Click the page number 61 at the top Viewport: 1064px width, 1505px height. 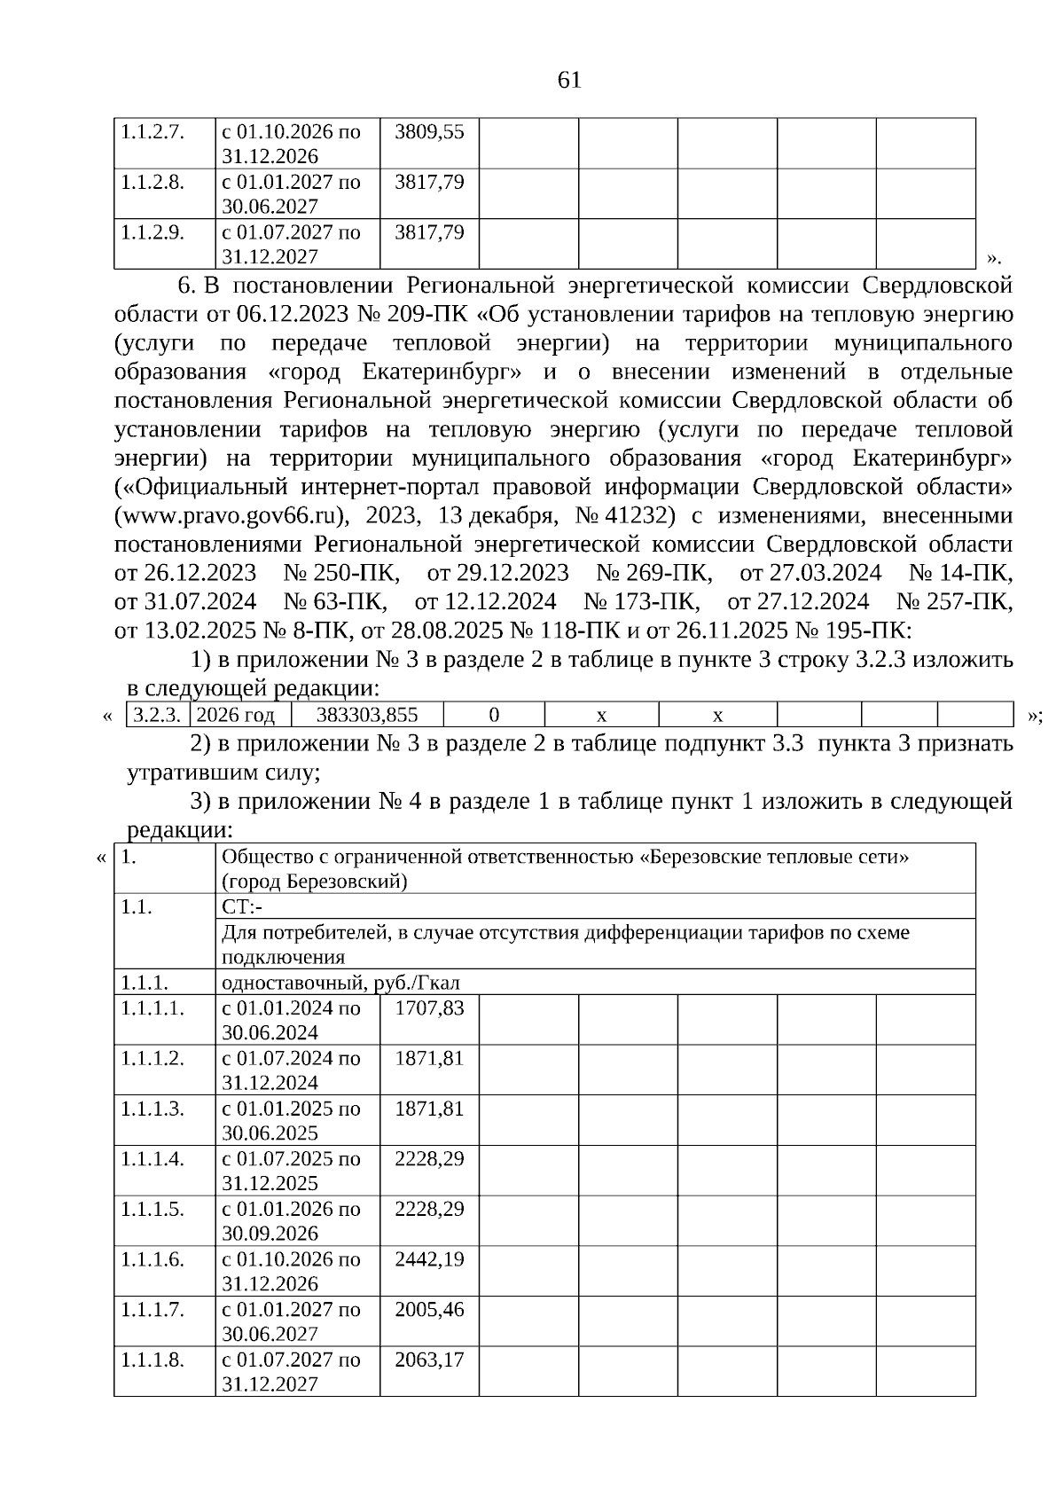click(569, 81)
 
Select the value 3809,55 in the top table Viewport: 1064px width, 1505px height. click(429, 132)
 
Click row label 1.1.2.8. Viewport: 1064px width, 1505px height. click(153, 183)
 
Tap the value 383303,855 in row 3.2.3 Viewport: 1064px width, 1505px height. click(367, 715)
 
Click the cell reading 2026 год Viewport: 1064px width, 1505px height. click(236, 715)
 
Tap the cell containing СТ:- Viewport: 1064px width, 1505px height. click(242, 907)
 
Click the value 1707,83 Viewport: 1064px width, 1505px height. click(429, 1008)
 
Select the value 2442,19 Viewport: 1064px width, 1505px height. click(429, 1259)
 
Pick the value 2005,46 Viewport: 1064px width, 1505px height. click(429, 1310)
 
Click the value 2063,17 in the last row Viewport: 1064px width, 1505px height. click(429, 1360)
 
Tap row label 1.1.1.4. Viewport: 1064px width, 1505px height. click(153, 1159)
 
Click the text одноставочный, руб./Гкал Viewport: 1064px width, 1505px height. click(340, 983)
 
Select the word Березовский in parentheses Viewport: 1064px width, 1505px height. click(345, 882)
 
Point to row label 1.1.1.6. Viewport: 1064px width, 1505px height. click(153, 1259)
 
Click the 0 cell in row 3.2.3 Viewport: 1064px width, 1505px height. click(494, 715)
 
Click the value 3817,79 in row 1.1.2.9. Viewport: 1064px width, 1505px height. click(429, 232)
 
